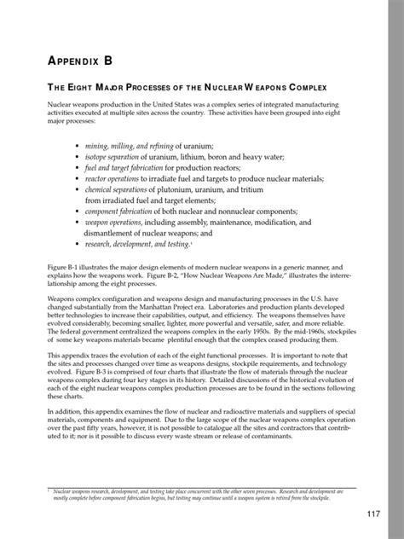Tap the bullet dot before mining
78,148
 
